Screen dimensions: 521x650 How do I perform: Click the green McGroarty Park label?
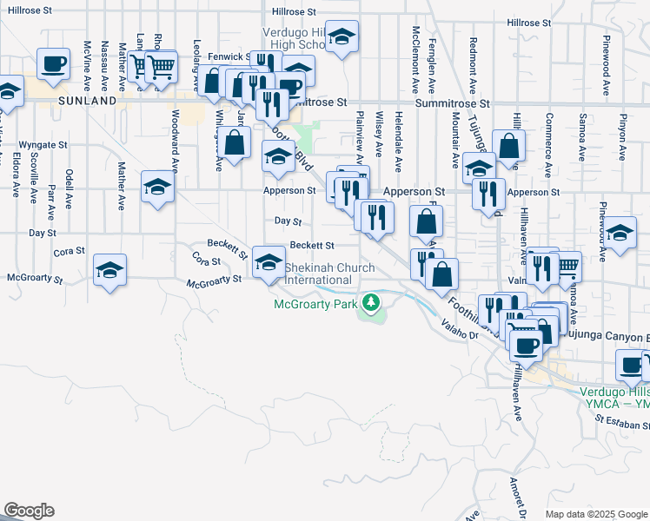click(x=315, y=304)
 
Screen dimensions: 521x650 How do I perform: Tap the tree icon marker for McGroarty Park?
click(x=372, y=302)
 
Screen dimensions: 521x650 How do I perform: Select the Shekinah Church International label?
click(x=318, y=274)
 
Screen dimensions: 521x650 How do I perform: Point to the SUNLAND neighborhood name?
click(x=87, y=101)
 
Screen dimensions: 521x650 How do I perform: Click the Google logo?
click(x=29, y=511)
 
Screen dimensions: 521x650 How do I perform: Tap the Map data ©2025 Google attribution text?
click(x=596, y=514)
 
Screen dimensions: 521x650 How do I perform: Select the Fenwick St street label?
click(x=229, y=56)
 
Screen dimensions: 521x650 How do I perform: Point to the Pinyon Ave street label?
click(x=622, y=136)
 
